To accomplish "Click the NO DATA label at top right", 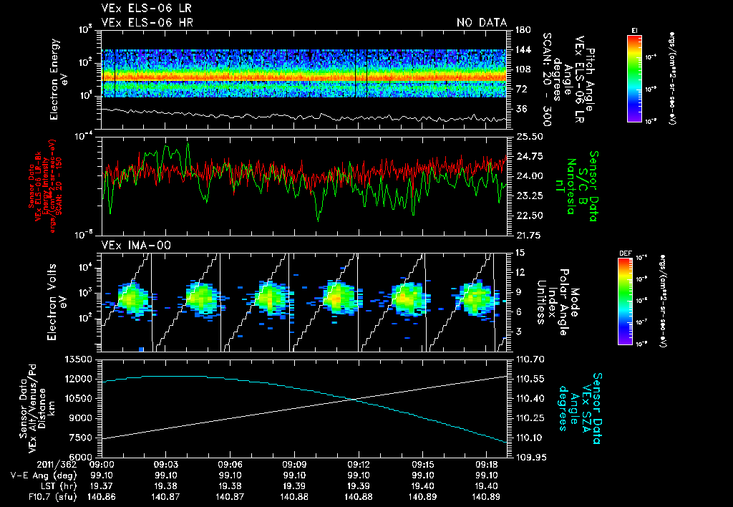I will click(482, 22).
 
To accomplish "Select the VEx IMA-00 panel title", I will click(130, 245).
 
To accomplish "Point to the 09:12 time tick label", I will click(358, 464).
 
